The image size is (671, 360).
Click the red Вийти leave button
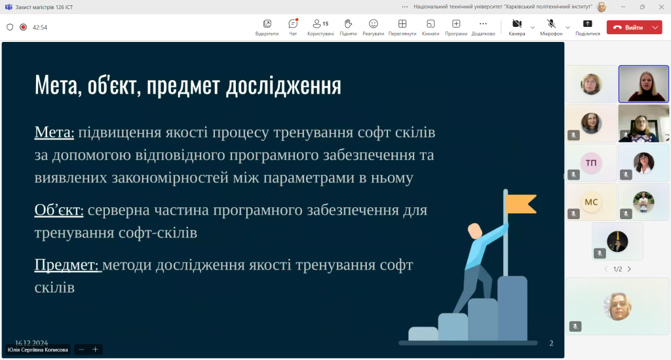click(x=629, y=28)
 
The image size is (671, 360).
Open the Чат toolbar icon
click(x=293, y=24)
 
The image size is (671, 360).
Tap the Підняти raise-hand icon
click(x=349, y=24)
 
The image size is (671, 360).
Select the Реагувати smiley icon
click(x=373, y=24)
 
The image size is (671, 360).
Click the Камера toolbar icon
click(x=517, y=24)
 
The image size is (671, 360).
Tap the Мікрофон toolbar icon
click(x=551, y=24)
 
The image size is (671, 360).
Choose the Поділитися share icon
click(x=588, y=24)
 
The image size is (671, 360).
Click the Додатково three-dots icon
click(x=483, y=24)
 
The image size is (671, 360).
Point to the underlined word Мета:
click(x=54, y=132)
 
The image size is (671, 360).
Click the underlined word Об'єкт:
click(x=59, y=210)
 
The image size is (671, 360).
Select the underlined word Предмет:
click(x=67, y=265)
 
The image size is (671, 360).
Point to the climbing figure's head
click(x=474, y=231)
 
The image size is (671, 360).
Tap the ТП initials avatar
click(x=591, y=163)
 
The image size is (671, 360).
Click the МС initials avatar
click(x=591, y=202)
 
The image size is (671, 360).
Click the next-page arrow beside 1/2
click(x=629, y=270)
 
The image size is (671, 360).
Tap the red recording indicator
click(x=23, y=27)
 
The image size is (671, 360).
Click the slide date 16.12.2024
click(x=31, y=342)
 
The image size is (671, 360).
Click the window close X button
click(x=661, y=7)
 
